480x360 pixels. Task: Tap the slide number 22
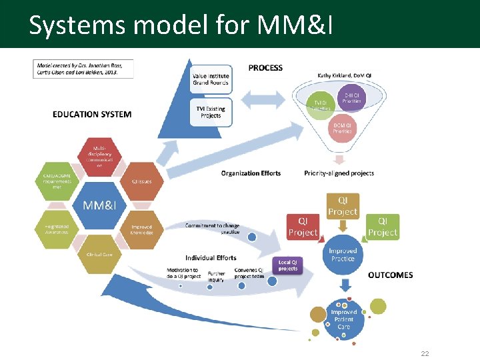point(425,353)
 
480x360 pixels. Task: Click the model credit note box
point(83,69)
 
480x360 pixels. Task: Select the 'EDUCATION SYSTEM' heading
point(92,114)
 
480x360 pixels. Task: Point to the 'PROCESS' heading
point(265,67)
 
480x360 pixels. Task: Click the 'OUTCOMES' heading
point(391,275)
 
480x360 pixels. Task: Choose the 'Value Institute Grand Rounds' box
point(210,79)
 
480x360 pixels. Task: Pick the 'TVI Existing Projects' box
point(210,112)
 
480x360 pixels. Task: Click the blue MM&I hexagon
point(99,205)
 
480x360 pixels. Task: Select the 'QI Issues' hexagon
point(141,181)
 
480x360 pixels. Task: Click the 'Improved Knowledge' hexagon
point(141,229)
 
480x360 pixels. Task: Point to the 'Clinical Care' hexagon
point(99,254)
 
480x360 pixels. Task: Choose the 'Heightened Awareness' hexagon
point(57,229)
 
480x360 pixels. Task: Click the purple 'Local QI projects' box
point(288,265)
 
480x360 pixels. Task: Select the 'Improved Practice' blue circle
point(343,254)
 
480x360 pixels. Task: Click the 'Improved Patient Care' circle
point(344,319)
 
